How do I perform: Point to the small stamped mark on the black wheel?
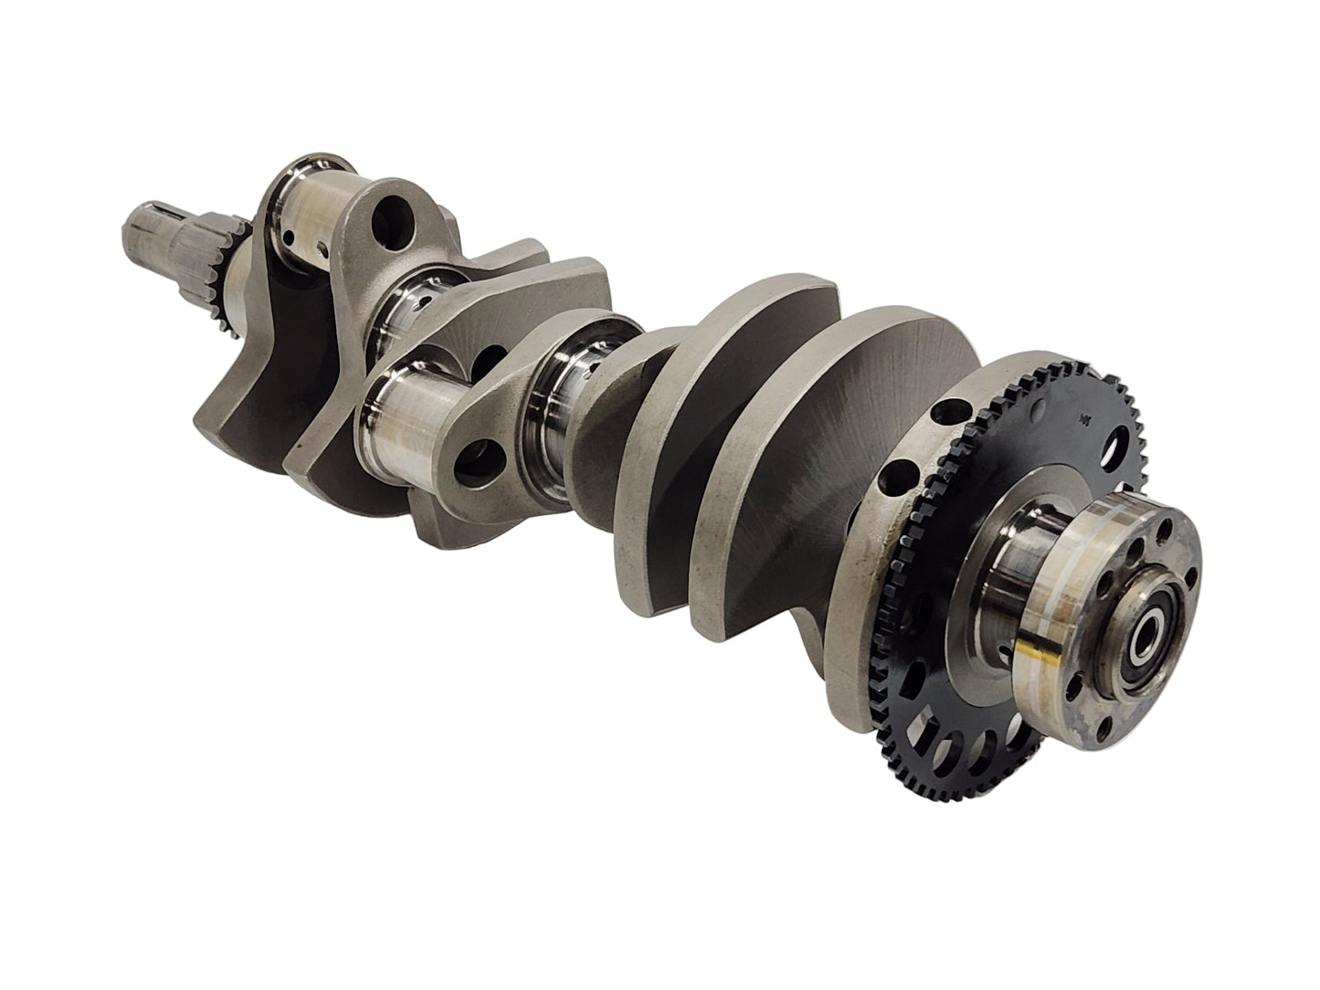coord(1086,419)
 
